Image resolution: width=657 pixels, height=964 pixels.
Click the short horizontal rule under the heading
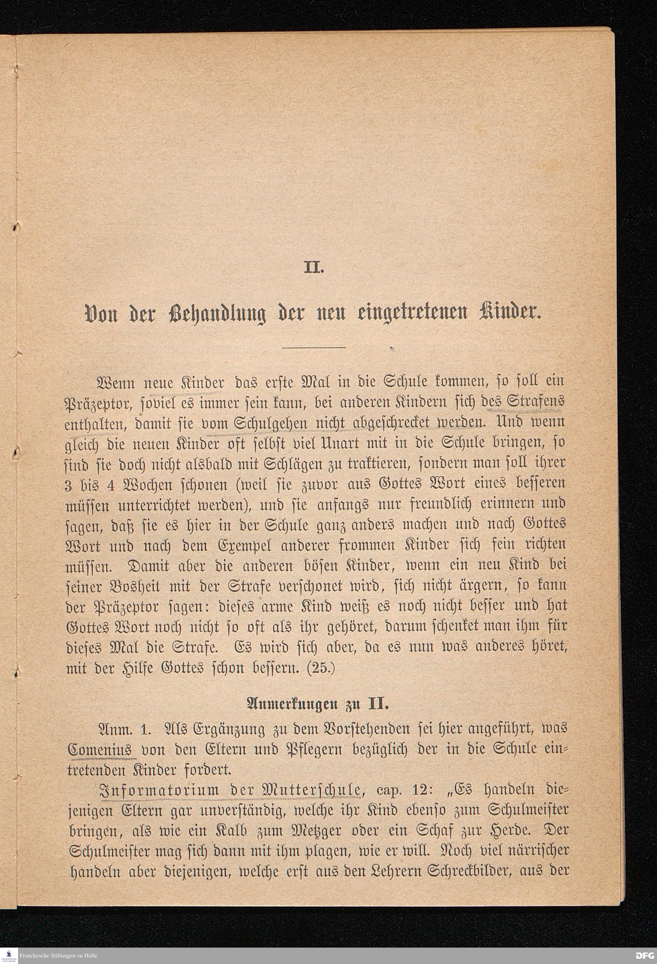coord(314,347)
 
